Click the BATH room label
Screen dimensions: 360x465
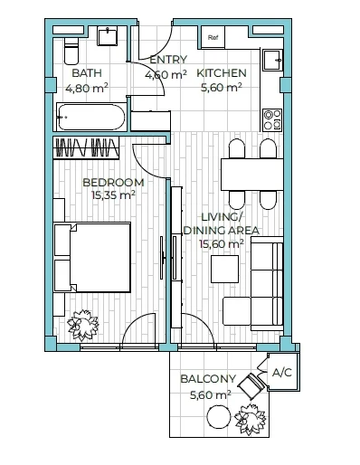click(87, 73)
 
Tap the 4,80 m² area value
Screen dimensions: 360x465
click(87, 89)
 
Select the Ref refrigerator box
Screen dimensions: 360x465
click(213, 37)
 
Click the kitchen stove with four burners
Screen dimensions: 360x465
click(272, 120)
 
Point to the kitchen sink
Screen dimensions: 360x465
click(272, 61)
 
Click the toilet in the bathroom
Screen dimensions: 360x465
click(71, 52)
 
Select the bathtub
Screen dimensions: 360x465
click(90, 117)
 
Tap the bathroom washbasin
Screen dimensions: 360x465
click(107, 36)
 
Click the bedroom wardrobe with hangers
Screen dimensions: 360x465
click(86, 147)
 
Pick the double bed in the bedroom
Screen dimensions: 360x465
click(92, 257)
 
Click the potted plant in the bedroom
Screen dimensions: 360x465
click(83, 326)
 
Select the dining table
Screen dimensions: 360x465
click(252, 175)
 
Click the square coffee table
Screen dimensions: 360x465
click(224, 269)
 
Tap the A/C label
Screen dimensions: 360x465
click(282, 373)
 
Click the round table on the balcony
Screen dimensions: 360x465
click(219, 416)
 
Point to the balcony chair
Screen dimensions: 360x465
click(251, 384)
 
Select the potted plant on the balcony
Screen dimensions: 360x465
click(251, 419)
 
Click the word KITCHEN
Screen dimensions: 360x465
click(222, 73)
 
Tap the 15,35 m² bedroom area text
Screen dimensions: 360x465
click(113, 195)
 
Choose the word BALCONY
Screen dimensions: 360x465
click(208, 379)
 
